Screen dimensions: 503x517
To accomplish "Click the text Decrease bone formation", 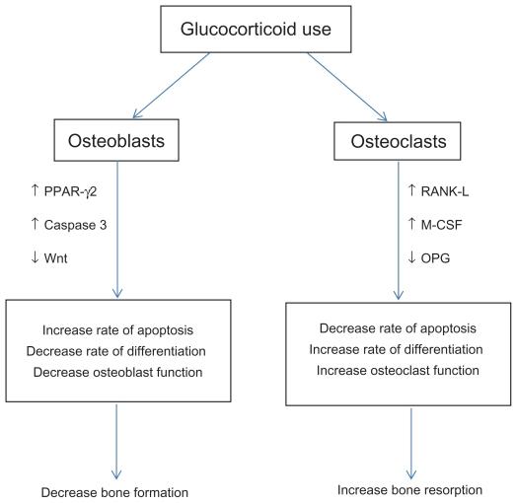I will (x=114, y=491).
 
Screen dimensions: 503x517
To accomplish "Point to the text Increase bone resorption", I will (x=408, y=488).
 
